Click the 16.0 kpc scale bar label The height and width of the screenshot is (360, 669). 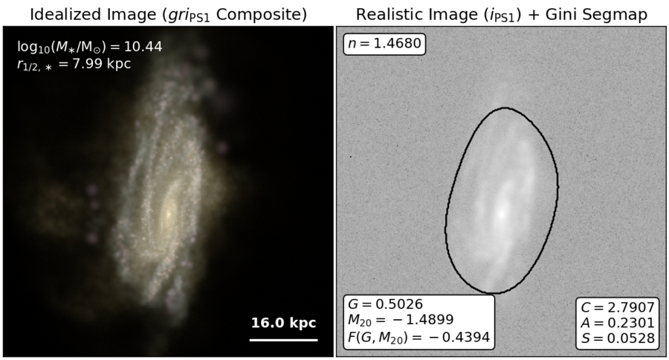point(283,322)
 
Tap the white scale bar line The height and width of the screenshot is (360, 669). point(284,340)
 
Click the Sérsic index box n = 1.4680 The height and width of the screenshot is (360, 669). point(384,44)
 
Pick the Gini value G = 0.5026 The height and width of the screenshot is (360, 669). point(386,304)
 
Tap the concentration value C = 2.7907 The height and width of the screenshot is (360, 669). point(618,307)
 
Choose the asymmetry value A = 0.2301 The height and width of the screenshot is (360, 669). point(618,323)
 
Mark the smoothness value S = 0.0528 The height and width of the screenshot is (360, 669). point(618,338)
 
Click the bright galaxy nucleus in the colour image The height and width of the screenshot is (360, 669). point(169,212)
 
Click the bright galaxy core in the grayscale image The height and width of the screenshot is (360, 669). point(502,212)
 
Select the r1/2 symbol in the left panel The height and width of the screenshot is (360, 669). point(34,65)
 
